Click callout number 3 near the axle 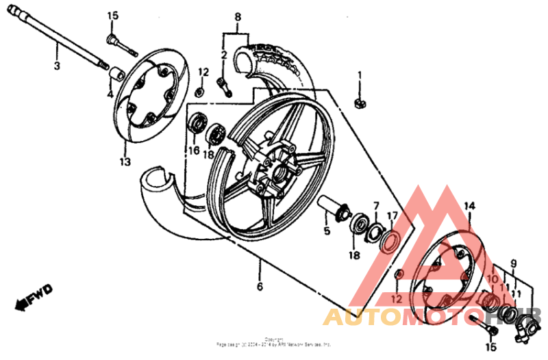click(58, 66)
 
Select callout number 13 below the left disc click(124, 162)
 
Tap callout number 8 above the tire click(238, 16)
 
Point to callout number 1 click(359, 75)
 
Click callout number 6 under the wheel click(260, 287)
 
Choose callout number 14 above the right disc click(469, 205)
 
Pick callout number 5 click(327, 231)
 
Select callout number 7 click(375, 205)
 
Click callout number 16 click(195, 151)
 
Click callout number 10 click(490, 279)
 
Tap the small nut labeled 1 click(358, 103)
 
